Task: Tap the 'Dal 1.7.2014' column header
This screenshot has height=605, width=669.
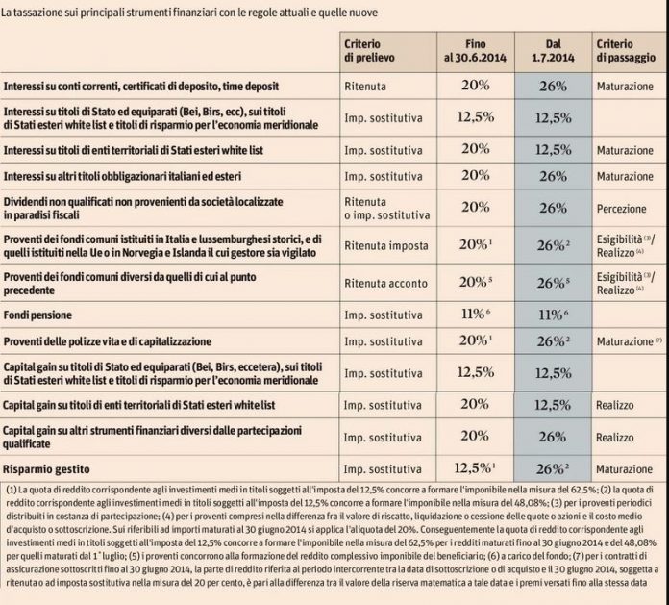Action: coord(552,51)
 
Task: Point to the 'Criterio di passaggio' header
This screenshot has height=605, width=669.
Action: coord(626,51)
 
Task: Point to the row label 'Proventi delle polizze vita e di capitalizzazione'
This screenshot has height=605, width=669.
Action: coord(128,341)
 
